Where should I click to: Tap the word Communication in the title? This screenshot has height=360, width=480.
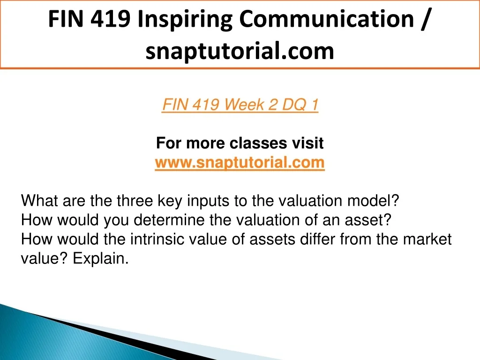pos(326,19)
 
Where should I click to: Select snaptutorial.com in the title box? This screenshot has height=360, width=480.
pos(240,51)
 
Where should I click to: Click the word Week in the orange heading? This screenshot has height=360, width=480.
pos(244,105)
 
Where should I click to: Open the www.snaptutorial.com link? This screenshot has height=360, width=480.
pos(240,162)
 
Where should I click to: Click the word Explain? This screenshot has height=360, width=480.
pos(100,259)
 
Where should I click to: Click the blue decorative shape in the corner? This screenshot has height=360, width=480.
pos(61,337)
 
